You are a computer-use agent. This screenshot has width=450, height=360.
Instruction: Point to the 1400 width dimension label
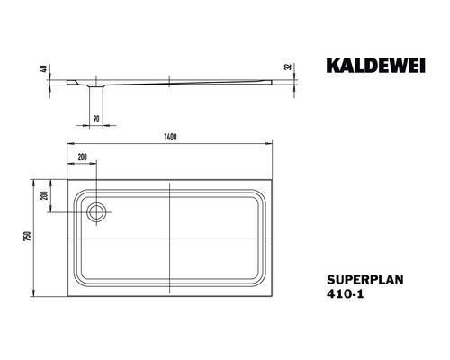[170, 137]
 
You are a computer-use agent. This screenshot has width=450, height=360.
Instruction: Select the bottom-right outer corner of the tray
[274, 298]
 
